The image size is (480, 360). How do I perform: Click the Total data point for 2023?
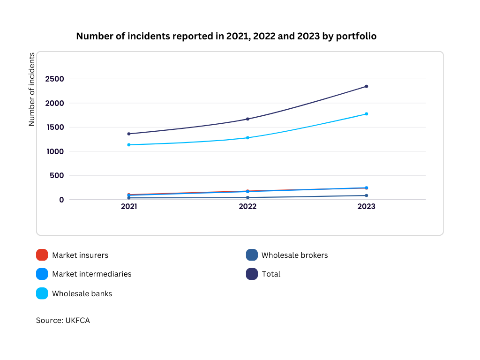[367, 86]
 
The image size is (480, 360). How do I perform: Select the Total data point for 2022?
[247, 119]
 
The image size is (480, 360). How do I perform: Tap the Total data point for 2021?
[129, 134]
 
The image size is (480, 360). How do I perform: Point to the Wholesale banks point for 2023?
[367, 114]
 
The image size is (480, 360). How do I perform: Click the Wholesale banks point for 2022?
[247, 138]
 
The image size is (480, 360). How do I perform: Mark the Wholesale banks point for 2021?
[129, 145]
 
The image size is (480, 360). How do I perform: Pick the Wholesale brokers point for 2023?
[367, 195]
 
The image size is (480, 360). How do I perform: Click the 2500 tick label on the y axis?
[54, 79]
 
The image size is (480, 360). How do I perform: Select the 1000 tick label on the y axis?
[55, 151]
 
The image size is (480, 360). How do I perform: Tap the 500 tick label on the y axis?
[57, 175]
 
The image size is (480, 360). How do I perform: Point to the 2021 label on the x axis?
[129, 206]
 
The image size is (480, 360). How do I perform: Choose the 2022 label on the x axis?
[247, 206]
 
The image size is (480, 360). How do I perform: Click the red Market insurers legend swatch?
[42, 255]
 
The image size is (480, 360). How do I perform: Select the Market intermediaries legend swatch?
[42, 274]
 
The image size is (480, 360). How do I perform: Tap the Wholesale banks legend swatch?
[42, 293]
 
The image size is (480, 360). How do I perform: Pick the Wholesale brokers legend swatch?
[252, 255]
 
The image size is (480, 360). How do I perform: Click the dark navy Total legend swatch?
[252, 274]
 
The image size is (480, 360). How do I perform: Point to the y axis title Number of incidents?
[31, 90]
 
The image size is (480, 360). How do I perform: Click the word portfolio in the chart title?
[356, 36]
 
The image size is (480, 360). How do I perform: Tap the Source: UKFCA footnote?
[63, 320]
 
